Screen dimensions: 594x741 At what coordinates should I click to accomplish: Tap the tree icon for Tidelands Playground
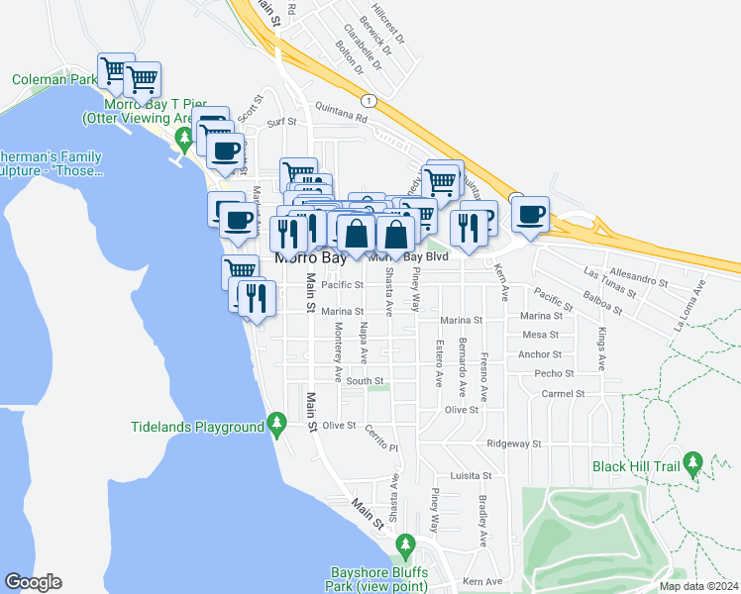point(278,427)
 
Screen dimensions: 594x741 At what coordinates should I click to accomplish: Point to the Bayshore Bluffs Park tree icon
point(404,545)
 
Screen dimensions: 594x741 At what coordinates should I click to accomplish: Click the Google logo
point(33,582)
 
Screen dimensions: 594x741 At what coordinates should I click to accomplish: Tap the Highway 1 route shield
point(369,101)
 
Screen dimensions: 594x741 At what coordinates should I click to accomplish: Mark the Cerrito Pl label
point(379,443)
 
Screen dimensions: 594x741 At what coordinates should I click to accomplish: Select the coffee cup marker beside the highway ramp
point(531,215)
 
